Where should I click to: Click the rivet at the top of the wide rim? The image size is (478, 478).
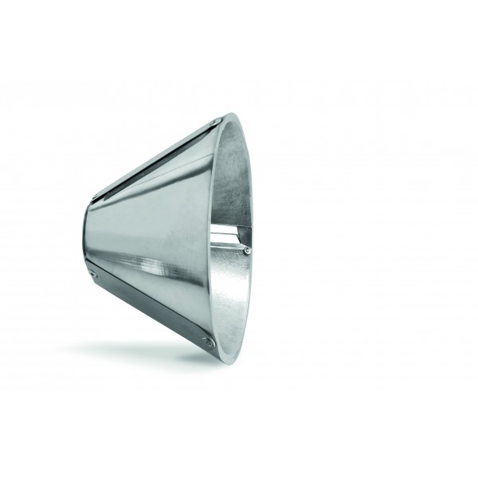[x=220, y=121]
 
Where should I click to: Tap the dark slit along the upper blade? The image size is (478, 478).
[x=159, y=159]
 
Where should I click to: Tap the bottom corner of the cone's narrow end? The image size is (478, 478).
[x=88, y=275]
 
